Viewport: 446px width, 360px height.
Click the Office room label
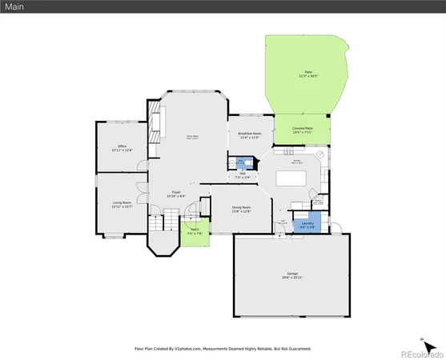click(123, 148)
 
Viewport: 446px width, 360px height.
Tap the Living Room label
click(122, 205)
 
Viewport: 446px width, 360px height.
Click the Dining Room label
click(242, 210)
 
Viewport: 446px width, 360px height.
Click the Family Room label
click(193, 138)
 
